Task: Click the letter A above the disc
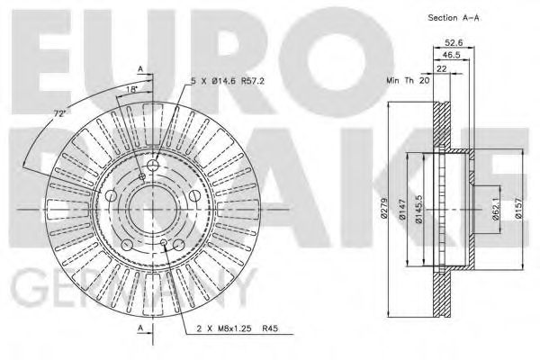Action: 139,68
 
